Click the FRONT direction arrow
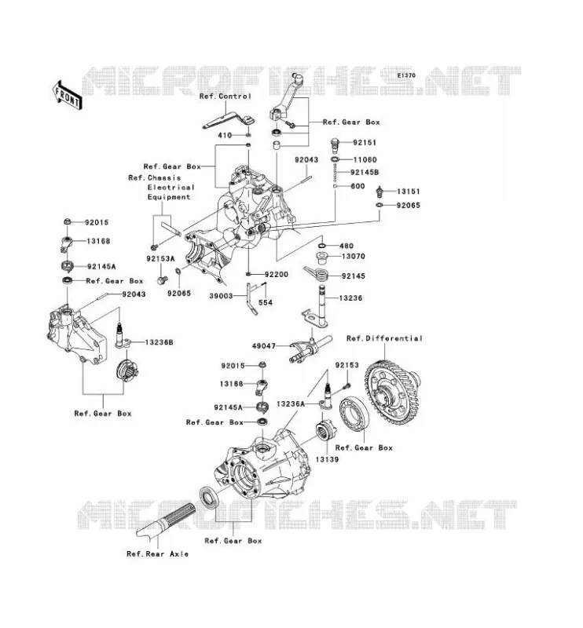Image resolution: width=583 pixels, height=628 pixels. point(67,95)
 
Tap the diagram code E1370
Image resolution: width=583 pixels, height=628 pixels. point(406,75)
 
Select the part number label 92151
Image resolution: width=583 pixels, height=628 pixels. point(365,143)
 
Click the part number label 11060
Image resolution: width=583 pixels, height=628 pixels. point(365,160)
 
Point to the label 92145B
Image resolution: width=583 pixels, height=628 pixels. point(365,173)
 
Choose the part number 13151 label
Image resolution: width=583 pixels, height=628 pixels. point(409,192)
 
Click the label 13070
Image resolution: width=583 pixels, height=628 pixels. point(354,257)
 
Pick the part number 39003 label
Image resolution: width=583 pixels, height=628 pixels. point(221,297)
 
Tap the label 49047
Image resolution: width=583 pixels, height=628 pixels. point(264,346)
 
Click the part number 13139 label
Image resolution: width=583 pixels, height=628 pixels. point(327,460)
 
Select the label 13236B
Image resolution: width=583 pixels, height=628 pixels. point(159,343)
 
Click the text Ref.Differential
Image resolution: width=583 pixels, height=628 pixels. point(384,338)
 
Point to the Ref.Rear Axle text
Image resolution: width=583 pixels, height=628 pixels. point(158,554)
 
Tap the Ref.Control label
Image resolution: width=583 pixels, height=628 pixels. point(225,97)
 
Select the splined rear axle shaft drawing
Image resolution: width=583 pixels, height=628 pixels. point(167,520)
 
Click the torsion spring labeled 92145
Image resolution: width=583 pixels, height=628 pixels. point(317,273)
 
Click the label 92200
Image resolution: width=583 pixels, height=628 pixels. point(277,275)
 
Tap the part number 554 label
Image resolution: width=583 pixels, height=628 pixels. point(266,303)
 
